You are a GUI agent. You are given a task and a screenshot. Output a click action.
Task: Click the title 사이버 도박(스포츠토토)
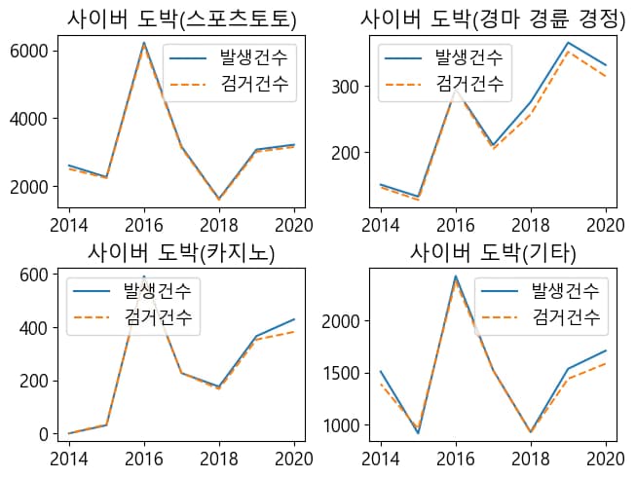(181, 18)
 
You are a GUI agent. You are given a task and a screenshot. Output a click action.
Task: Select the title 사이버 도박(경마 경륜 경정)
(493, 18)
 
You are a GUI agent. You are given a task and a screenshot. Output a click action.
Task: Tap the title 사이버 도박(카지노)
(181, 253)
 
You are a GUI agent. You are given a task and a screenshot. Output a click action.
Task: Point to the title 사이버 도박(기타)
(493, 253)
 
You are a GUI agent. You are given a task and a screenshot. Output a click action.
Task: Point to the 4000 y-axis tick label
(28, 119)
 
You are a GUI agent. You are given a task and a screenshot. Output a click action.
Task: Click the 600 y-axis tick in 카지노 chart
(35, 275)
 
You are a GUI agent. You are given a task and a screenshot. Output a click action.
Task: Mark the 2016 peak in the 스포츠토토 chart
(144, 43)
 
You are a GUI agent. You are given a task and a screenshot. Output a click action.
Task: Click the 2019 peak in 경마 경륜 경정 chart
(567, 42)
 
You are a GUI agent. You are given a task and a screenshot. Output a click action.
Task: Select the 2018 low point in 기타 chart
(530, 431)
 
